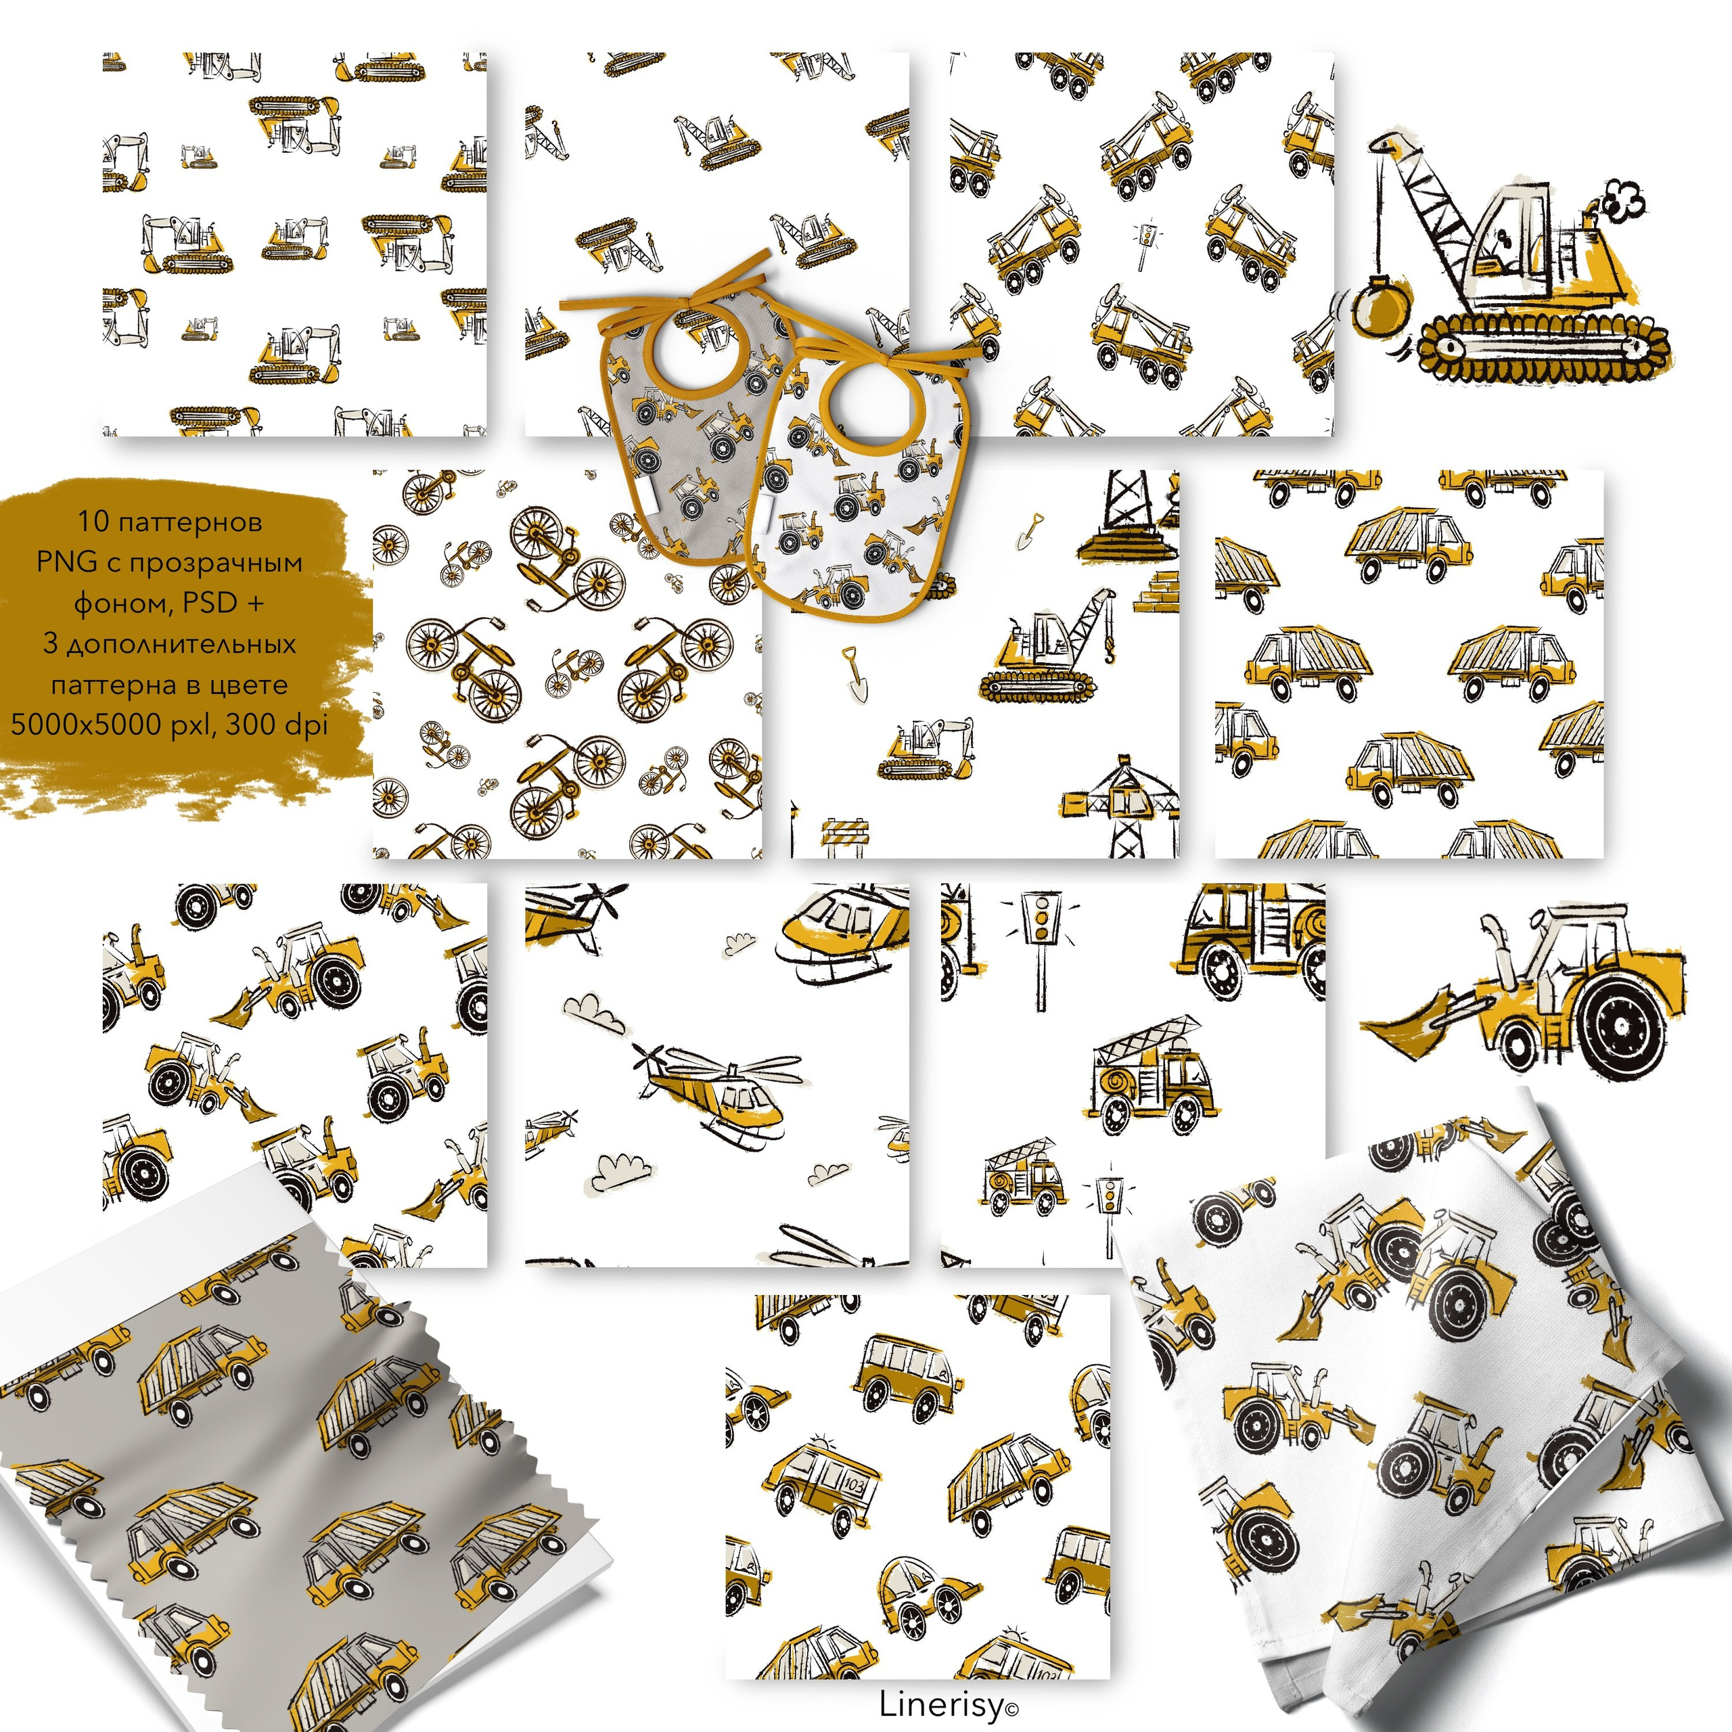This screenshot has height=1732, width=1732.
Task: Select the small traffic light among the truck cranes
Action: tap(1145, 243)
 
